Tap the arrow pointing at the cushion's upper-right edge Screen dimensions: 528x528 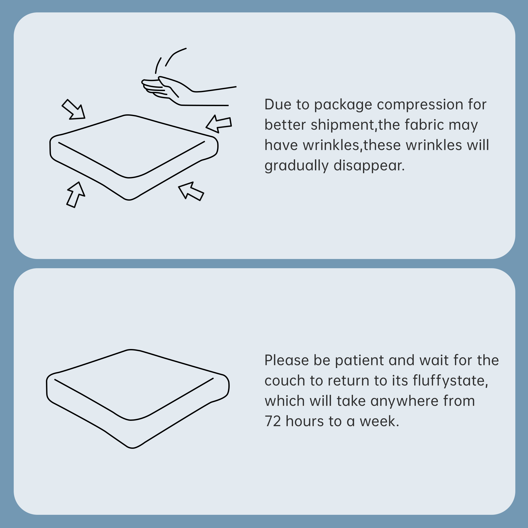click(219, 124)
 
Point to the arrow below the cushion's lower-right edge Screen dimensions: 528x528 click(191, 191)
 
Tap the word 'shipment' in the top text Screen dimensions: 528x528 click(342, 125)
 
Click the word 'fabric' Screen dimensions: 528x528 click(425, 125)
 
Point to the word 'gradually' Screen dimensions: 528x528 click(296, 166)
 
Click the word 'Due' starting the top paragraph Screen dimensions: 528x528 click(278, 104)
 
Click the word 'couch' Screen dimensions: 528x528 click(285, 381)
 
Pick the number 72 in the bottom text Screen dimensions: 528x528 click(273, 421)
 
